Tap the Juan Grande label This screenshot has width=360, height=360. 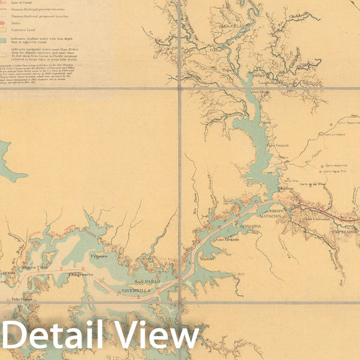click(225, 238)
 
